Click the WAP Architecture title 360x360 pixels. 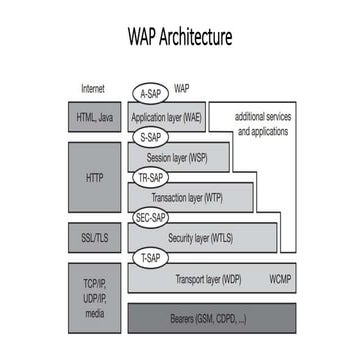click(x=180, y=38)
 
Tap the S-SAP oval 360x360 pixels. click(x=150, y=136)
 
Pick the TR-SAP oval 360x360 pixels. click(x=151, y=176)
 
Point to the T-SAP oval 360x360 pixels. click(x=150, y=256)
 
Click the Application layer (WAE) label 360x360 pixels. click(x=168, y=117)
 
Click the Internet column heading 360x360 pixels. click(x=93, y=88)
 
